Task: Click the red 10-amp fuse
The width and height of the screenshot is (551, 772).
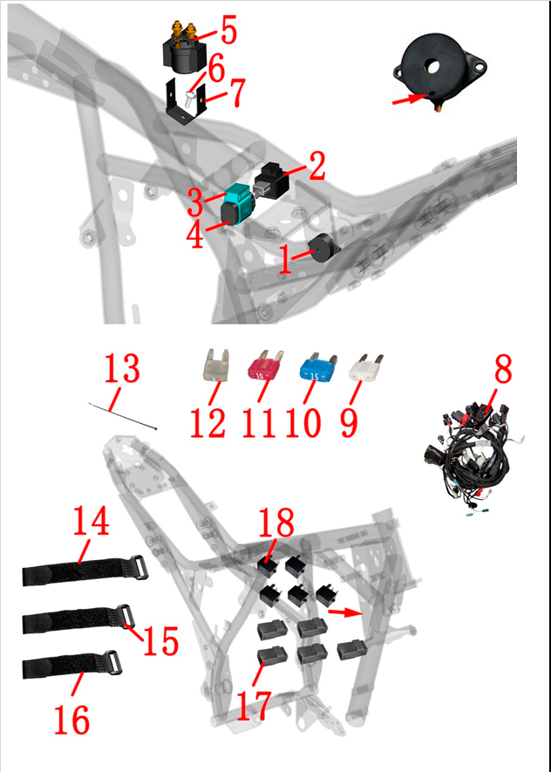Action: tap(265, 366)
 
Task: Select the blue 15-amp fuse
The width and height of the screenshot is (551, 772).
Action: tap(318, 368)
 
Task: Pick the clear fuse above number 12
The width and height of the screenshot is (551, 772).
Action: tap(216, 365)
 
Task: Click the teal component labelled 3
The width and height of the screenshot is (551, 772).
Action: tap(239, 201)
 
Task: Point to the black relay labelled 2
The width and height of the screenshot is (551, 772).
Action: tap(271, 179)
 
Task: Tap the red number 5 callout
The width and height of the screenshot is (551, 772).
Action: tap(228, 30)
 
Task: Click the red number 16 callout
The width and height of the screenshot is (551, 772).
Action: tap(71, 720)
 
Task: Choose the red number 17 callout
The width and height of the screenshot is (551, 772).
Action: tap(254, 706)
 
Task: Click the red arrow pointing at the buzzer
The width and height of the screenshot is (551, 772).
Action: tap(408, 99)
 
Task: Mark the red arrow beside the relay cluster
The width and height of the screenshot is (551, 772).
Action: tap(344, 612)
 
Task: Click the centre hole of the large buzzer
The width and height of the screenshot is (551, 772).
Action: tap(432, 66)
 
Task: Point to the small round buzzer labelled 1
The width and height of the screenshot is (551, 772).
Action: tap(323, 248)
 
